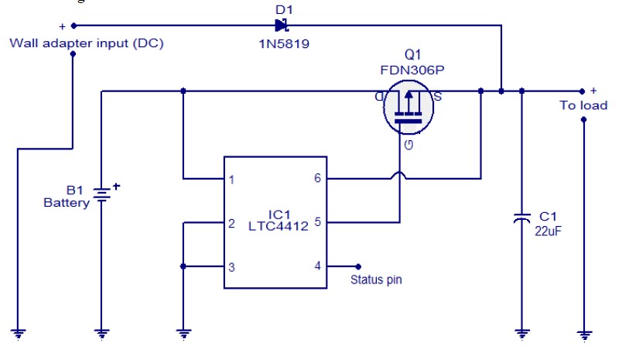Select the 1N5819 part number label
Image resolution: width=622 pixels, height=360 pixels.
(284, 44)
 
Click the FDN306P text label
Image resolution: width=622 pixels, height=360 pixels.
(412, 70)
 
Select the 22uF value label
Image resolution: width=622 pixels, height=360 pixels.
(548, 230)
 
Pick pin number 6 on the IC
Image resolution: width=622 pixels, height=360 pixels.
(316, 179)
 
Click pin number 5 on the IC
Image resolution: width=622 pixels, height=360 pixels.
(316, 221)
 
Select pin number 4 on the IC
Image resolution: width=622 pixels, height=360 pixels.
(316, 266)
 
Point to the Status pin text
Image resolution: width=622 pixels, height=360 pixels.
(376, 280)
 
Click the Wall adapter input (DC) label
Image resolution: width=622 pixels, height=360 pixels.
(86, 43)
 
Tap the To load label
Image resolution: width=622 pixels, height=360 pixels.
(583, 105)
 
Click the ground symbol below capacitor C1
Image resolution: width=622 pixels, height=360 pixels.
(522, 334)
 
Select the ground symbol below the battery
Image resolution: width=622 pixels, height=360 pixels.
(101, 334)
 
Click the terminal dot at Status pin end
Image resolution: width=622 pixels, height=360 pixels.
(358, 266)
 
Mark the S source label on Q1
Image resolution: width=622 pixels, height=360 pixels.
(437, 97)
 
